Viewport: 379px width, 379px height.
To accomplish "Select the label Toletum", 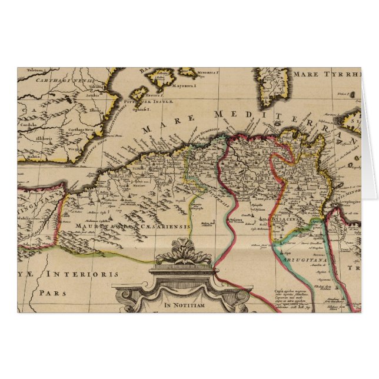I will pos(35,71).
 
